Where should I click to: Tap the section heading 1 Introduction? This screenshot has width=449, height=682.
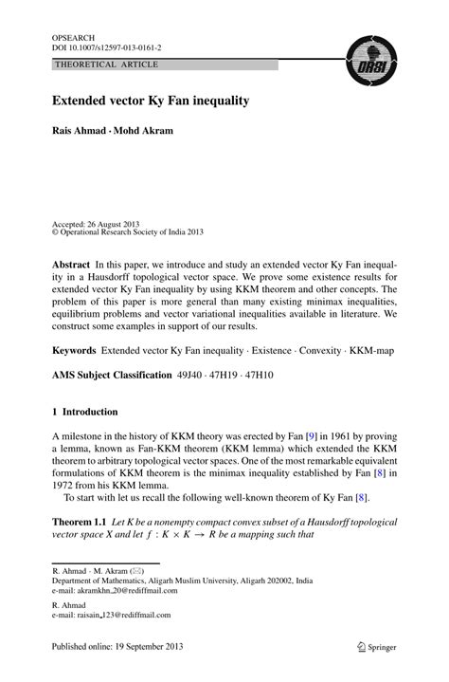point(85,412)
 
